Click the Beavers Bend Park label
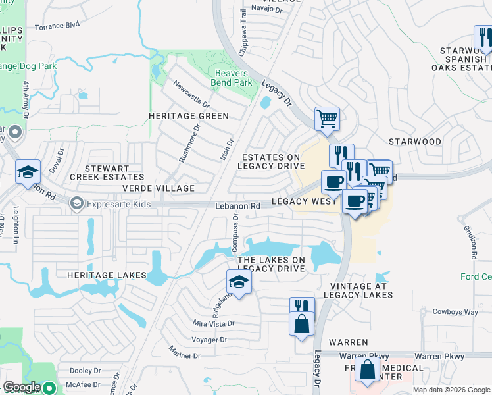coord(231,78)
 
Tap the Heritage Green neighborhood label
coord(188,116)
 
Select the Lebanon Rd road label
coord(238,206)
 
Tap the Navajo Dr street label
coord(266,10)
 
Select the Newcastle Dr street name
coord(191,95)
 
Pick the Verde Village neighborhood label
coord(158,188)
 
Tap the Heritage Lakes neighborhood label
coord(106,274)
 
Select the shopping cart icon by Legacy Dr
coord(326,119)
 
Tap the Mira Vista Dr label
coord(213,323)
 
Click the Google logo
coord(22,387)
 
